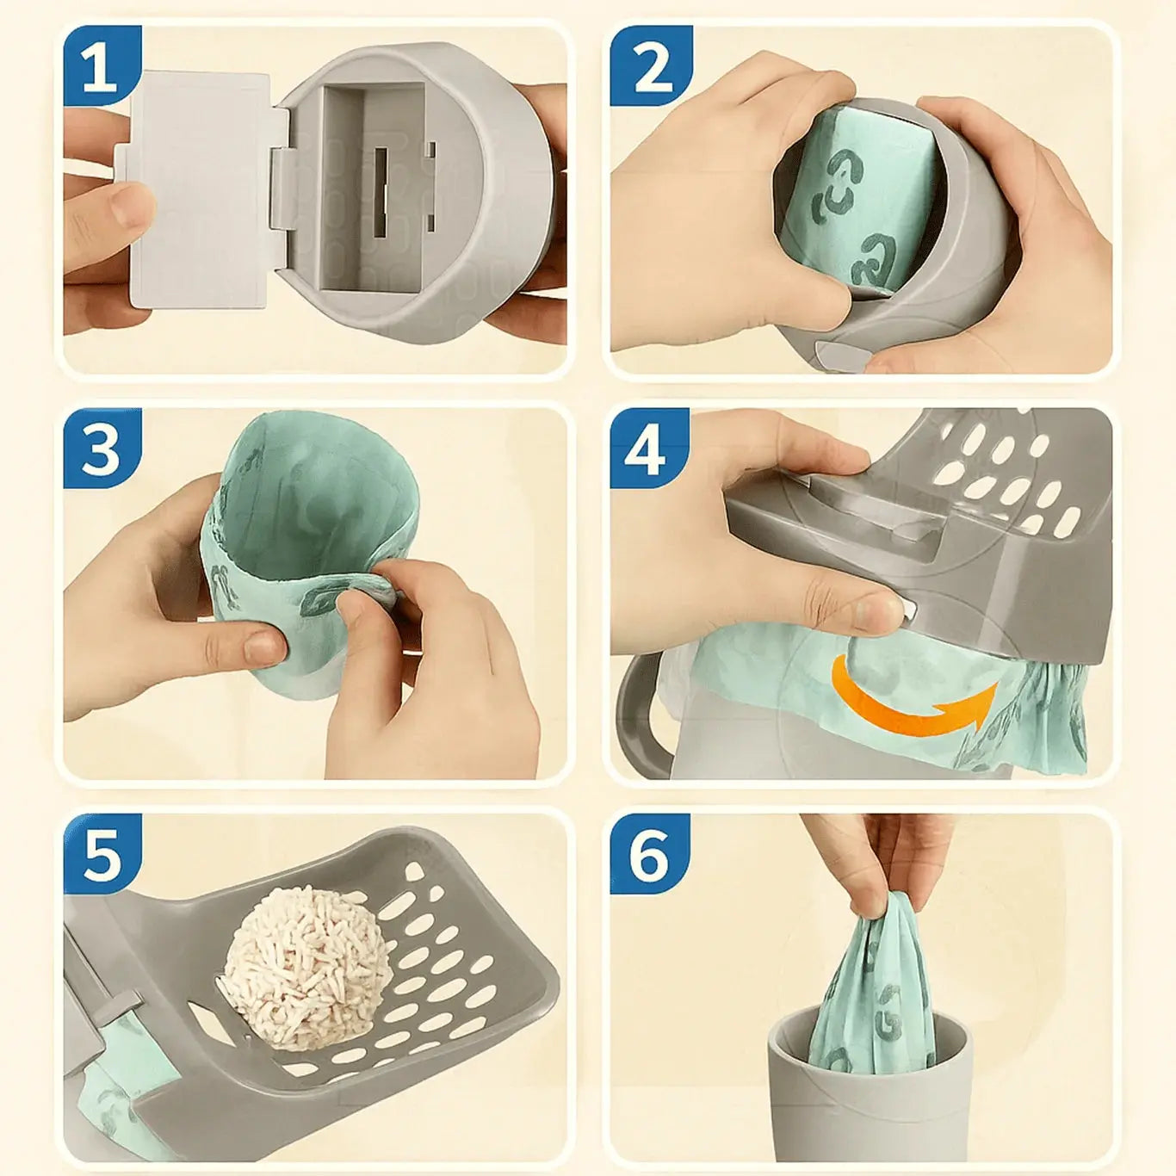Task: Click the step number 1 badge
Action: click(x=102, y=65)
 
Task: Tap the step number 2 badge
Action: click(x=651, y=65)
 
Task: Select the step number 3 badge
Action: click(x=102, y=449)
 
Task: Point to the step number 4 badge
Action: click(x=651, y=449)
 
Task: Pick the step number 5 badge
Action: click(x=102, y=853)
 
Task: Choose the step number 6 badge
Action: click(x=651, y=853)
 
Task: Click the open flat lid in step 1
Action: click(x=201, y=189)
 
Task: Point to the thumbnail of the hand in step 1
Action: click(x=131, y=211)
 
